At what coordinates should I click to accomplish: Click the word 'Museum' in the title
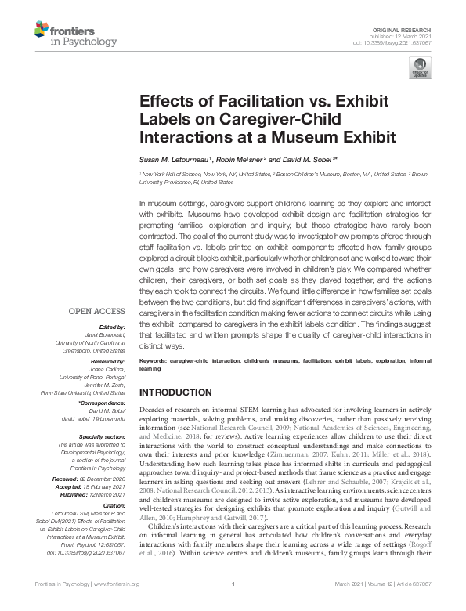316,138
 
